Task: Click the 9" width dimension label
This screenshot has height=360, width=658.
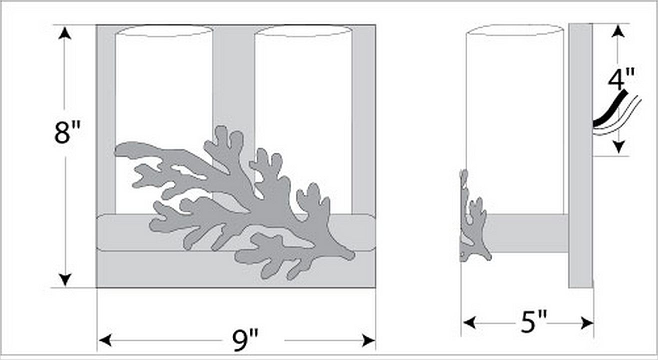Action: point(246,340)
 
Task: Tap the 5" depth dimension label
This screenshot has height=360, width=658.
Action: point(534,322)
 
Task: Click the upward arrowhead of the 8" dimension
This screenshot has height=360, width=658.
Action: point(64,33)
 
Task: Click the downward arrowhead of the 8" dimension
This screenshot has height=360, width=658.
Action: point(65,279)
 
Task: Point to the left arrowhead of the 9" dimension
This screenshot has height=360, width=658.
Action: point(105,340)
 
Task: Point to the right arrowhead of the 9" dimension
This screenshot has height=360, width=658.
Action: point(369,340)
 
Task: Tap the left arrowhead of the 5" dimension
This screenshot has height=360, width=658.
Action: point(470,323)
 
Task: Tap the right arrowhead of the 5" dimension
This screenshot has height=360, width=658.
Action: point(587,323)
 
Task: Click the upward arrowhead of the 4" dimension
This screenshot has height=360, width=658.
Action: point(618,31)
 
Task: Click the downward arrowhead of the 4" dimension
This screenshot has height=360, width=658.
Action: point(619,147)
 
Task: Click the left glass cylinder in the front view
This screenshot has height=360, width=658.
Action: point(164,88)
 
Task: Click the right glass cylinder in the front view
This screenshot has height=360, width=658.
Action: point(303,88)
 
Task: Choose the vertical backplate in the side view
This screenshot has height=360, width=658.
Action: point(581,155)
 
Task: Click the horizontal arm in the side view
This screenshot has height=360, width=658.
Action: point(526,233)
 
